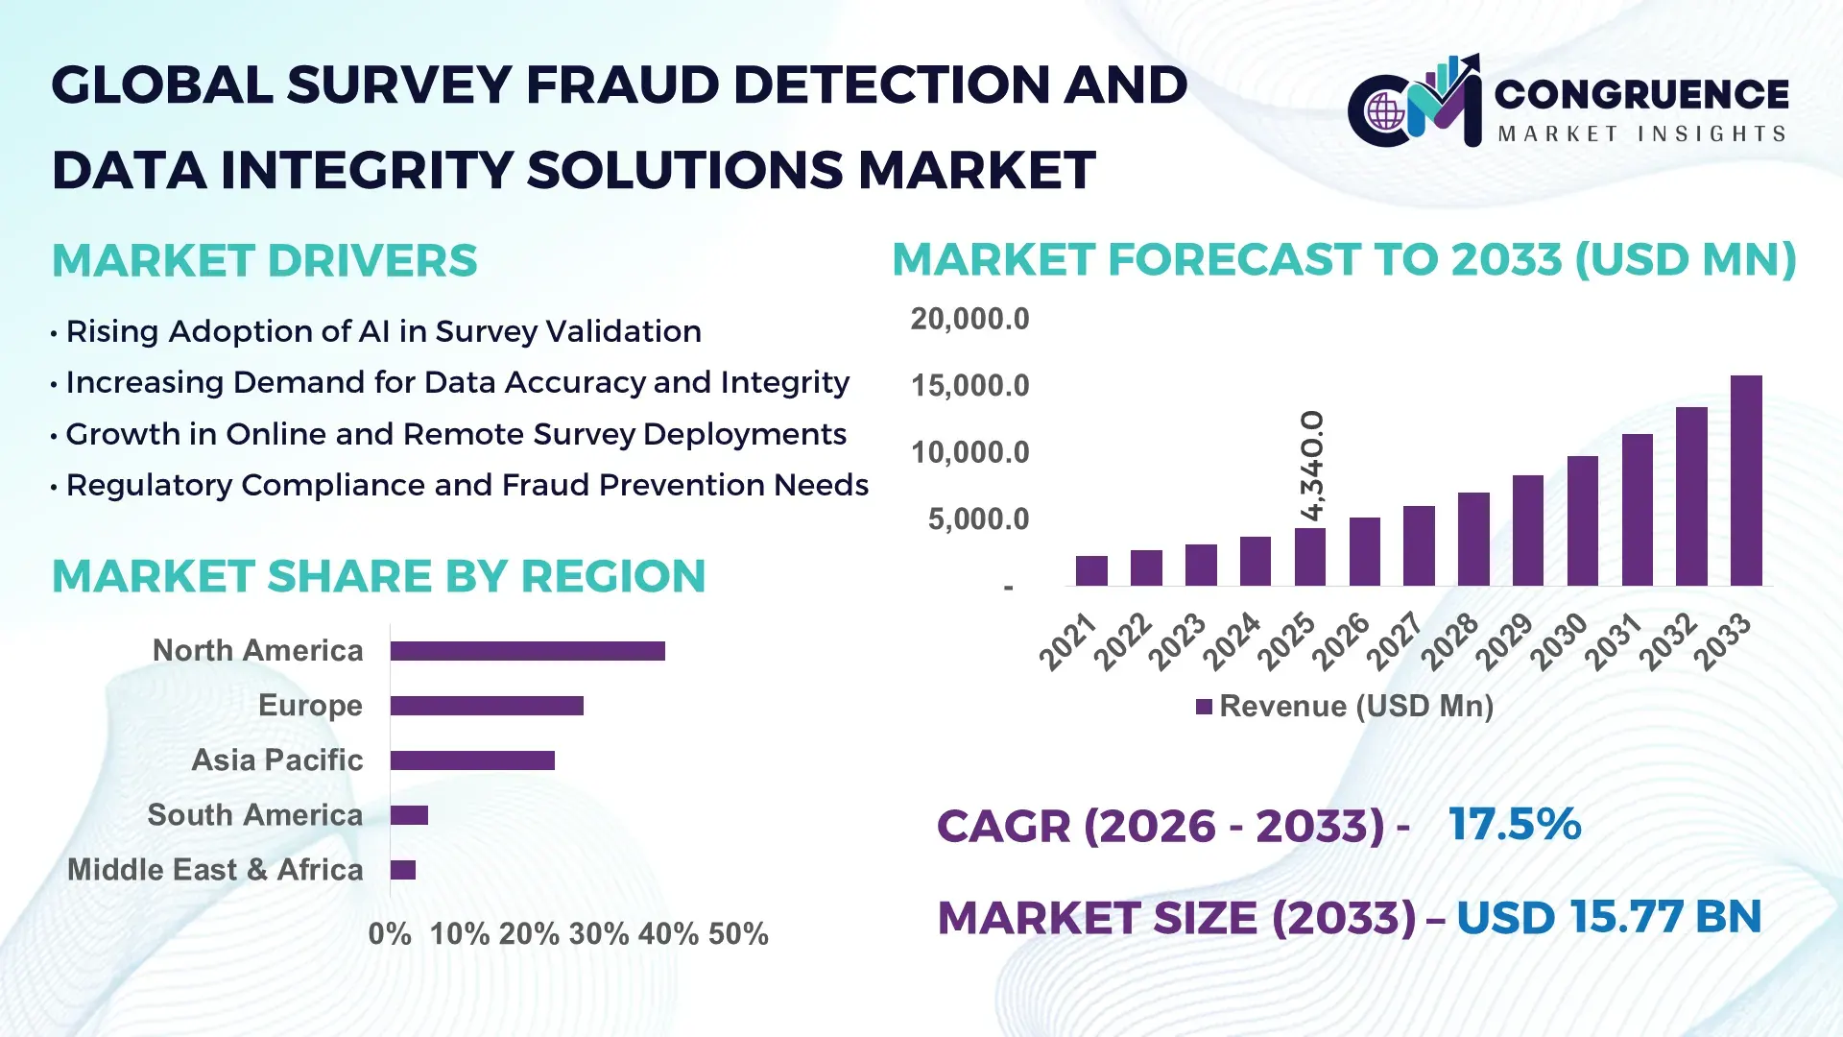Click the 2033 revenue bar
tap(1745, 480)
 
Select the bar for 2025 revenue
tap(1309, 557)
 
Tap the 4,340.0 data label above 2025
tap(1311, 466)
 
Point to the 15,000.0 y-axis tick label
tap(969, 386)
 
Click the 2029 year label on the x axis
tap(1503, 641)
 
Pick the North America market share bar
tap(527, 651)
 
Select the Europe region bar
tap(487, 706)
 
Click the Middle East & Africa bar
tap(403, 870)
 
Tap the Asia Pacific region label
tap(276, 760)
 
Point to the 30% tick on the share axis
tap(598, 934)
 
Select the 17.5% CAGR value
tap(1514, 824)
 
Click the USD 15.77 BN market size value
tap(1609, 917)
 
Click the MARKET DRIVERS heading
tap(264, 261)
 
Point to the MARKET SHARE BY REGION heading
tap(378, 577)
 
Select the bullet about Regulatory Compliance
tap(467, 486)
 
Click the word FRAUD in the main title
tap(623, 85)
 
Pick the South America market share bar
tap(409, 815)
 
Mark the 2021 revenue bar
tap(1091, 570)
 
